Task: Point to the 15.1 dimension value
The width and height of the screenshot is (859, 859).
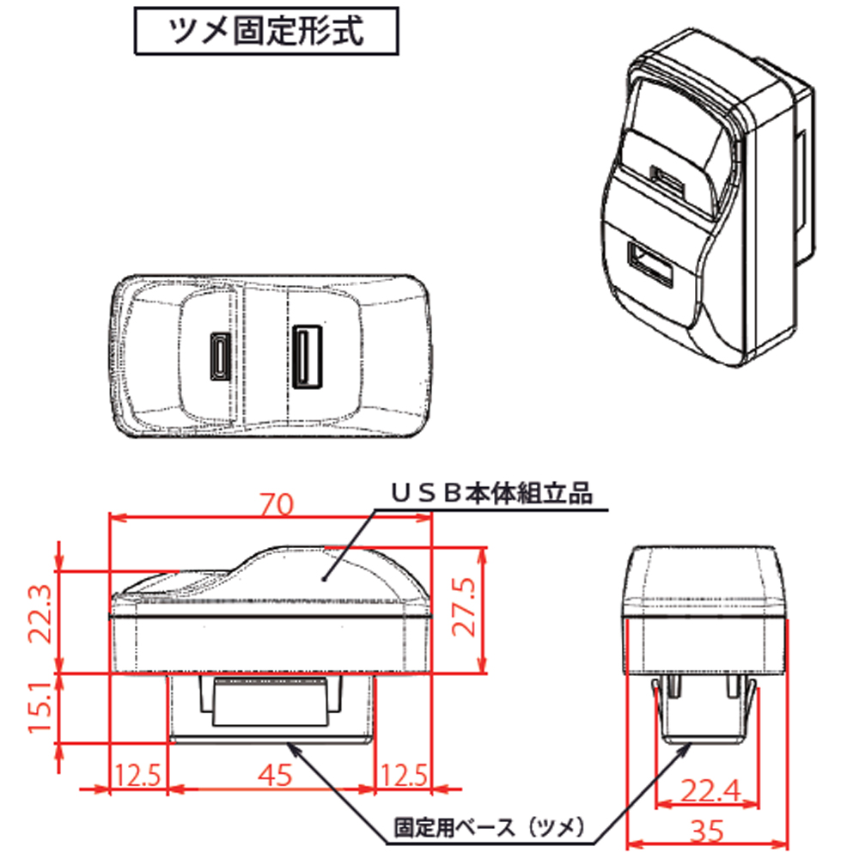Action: coord(40,708)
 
